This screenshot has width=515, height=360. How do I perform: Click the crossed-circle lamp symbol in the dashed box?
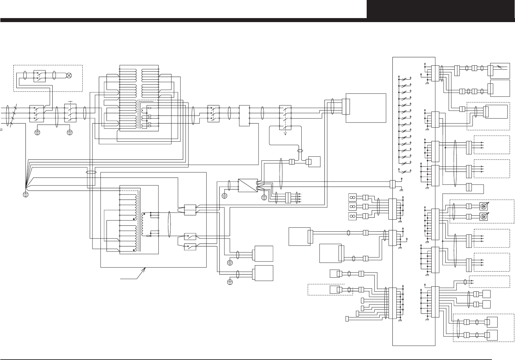point(69,75)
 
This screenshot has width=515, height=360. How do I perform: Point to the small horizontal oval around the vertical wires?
point(91,172)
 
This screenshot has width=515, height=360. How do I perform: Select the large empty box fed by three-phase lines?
point(366,108)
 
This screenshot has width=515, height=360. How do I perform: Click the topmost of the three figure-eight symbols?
point(352,197)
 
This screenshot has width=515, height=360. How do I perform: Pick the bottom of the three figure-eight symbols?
point(352,216)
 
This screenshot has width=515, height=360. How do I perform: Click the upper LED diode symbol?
point(483,206)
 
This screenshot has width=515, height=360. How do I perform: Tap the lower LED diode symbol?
point(483,217)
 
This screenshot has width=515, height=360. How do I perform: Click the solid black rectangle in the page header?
point(441,9)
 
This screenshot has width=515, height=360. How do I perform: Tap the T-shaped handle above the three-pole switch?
point(70,101)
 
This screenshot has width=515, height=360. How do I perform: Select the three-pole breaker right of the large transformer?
point(213,113)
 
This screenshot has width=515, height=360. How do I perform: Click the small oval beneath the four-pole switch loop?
point(300,151)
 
